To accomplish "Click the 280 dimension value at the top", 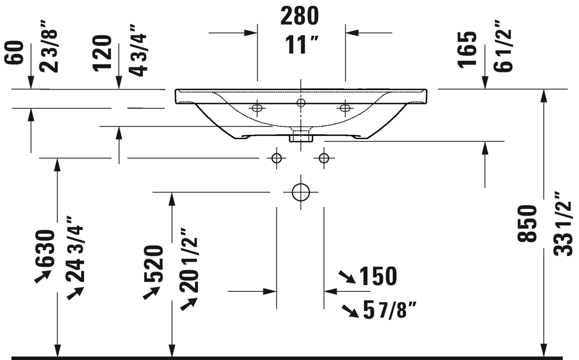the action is coord(300,17).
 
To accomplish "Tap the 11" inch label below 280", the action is coord(301,45).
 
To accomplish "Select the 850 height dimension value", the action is coord(527,224).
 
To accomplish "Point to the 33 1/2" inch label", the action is coord(563,224).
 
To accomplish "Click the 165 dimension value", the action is coord(467,50).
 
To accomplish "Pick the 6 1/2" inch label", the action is coord(502,46).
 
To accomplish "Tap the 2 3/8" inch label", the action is coord(50,46).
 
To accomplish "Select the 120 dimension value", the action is coord(102,53).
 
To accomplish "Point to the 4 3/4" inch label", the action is coord(138,50).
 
